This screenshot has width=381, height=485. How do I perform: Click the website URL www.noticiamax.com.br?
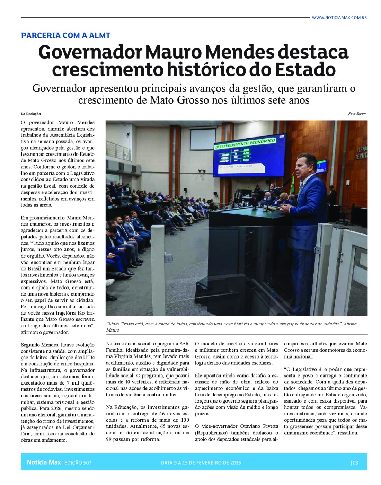coord(339,17)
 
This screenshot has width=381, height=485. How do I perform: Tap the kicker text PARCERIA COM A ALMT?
coord(65,35)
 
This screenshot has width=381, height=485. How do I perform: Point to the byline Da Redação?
coord(30,114)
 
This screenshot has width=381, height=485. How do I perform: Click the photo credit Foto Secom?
coord(357,114)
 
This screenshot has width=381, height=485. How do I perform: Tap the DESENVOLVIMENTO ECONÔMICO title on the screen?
coord(245,143)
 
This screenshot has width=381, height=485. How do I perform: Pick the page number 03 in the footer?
coord(355,462)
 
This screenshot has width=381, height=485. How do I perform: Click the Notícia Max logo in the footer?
coord(44,462)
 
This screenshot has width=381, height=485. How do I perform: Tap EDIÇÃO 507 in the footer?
coord(78,462)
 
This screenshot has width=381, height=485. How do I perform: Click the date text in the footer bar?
coord(201,462)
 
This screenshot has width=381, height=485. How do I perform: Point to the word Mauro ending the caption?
coord(113,330)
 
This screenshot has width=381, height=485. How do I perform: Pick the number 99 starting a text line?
coord(109,439)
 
